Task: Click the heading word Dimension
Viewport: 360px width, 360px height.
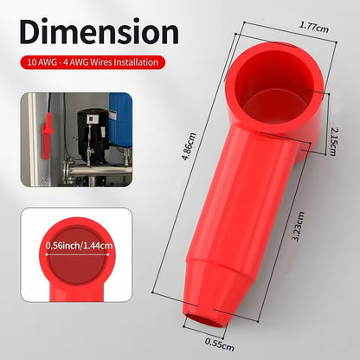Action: click(x=100, y=31)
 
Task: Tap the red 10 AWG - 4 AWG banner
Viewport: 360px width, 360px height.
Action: click(x=93, y=62)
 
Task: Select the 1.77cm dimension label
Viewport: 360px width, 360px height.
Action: click(x=314, y=27)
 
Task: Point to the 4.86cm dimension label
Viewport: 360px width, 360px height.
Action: click(x=190, y=146)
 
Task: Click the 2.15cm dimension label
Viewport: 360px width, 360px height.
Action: click(x=333, y=142)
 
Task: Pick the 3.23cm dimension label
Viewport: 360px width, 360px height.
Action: click(x=298, y=226)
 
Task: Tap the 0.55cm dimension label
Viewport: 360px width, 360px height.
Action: click(x=220, y=344)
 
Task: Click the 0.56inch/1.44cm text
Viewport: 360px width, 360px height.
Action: click(x=79, y=246)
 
